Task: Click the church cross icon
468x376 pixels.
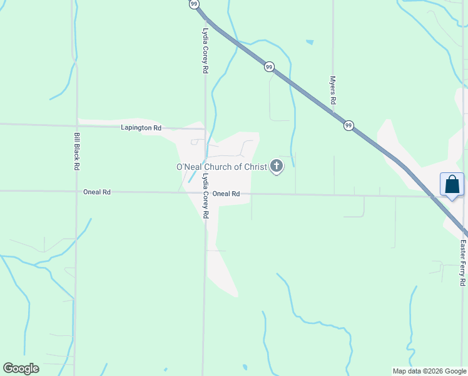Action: click(x=277, y=167)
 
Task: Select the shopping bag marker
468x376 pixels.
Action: click(x=452, y=185)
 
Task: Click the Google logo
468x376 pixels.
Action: click(x=21, y=368)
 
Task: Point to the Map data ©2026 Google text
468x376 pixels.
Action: click(x=429, y=371)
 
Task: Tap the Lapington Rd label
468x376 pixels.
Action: click(x=141, y=128)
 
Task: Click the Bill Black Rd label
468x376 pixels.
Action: click(x=77, y=151)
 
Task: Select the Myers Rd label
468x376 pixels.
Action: click(x=333, y=91)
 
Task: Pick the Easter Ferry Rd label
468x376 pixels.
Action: click(x=463, y=263)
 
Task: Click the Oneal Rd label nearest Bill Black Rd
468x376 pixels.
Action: click(x=97, y=192)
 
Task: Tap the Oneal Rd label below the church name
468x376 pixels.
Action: click(x=226, y=194)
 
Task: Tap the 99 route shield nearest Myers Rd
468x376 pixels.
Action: click(x=348, y=125)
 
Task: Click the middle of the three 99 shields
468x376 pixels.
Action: click(x=269, y=66)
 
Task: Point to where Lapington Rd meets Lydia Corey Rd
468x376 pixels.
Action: click(x=205, y=128)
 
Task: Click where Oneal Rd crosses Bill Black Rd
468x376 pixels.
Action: click(x=76, y=192)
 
